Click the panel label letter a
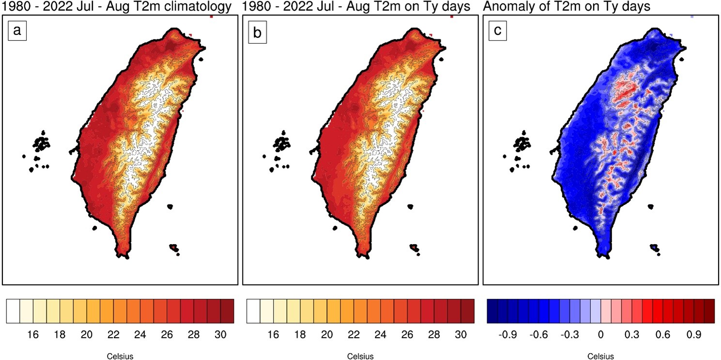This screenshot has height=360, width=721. (x=17, y=31)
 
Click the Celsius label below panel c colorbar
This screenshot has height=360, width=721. (x=601, y=357)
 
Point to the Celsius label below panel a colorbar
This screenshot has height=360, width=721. (x=120, y=357)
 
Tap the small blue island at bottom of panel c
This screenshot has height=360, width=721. (x=654, y=248)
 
